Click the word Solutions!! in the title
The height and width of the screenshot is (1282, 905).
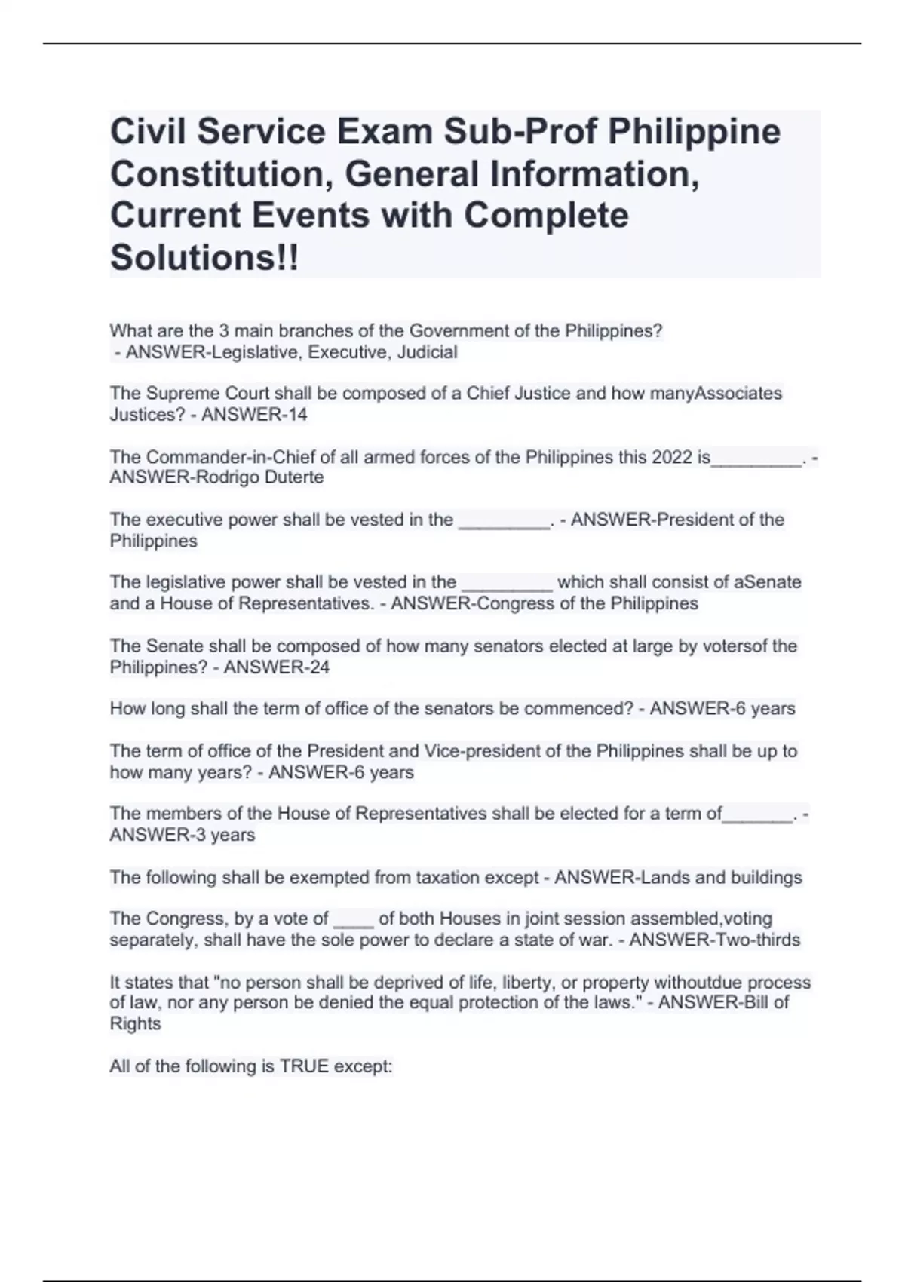(x=204, y=257)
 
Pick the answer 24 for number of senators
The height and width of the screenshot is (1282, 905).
(x=319, y=667)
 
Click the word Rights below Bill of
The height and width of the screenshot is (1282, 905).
(x=135, y=1024)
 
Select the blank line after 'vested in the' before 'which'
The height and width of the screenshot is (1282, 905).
(x=507, y=584)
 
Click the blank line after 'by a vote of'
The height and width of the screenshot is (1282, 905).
(x=353, y=920)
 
